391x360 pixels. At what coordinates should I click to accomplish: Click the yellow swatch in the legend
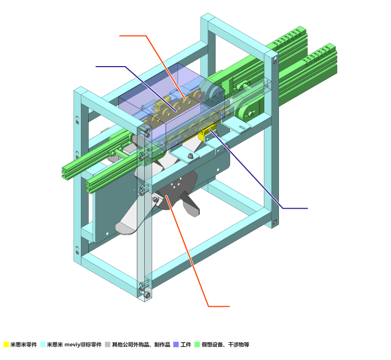coord(6,345)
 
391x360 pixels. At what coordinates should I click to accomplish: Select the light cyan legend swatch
coord(43,345)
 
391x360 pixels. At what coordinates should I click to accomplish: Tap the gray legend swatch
coord(107,345)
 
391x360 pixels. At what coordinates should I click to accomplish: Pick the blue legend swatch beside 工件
coord(176,345)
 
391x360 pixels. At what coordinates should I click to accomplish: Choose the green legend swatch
coord(197,345)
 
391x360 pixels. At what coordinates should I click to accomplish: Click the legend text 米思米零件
coord(24,345)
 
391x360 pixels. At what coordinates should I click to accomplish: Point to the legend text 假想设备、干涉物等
coord(226,345)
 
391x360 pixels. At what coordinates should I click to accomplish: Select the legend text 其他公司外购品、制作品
coord(141,345)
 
